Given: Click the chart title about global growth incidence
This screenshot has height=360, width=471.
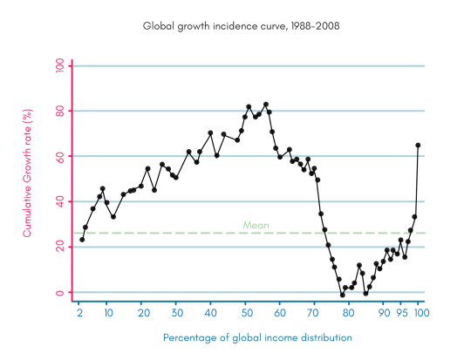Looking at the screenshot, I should pos(235,26).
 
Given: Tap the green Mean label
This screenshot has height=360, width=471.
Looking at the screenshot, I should pos(256,225).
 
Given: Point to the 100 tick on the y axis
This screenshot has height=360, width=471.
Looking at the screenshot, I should pos(58,66).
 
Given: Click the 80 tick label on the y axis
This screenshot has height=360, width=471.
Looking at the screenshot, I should pos(58,111).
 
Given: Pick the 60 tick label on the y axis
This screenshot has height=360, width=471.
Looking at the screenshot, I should pos(58,156).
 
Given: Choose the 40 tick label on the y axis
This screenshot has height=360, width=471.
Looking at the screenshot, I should pos(58,201).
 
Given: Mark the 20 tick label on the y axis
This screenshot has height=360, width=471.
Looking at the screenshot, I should pos(58,247).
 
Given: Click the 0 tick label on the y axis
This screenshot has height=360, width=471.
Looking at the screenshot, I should pos(58,292).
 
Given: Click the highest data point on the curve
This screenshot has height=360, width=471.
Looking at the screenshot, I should pos(266,105).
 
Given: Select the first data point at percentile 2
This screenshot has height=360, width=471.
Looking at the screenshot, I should pos(82,239).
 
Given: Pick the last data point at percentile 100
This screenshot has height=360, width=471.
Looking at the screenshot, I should pos(418,146).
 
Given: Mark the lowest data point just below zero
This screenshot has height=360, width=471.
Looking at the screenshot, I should pos(342,295).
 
